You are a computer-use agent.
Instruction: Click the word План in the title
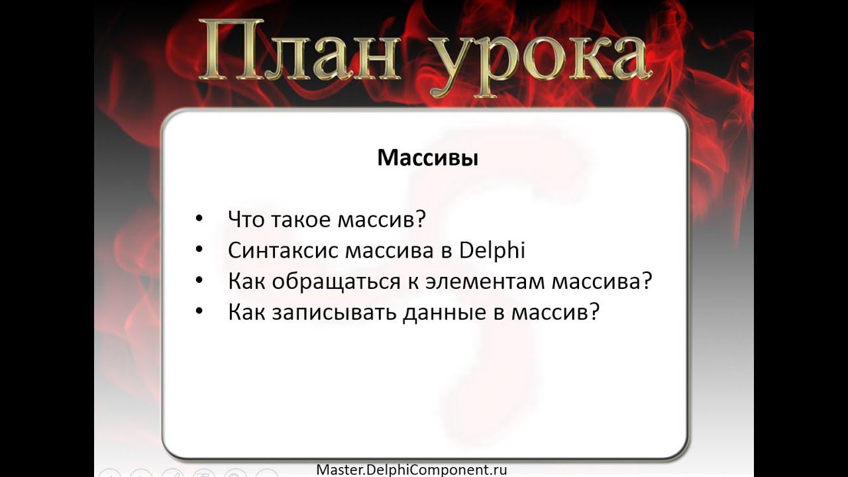point(299,50)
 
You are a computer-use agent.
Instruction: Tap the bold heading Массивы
point(428,158)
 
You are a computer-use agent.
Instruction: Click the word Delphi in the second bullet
point(492,250)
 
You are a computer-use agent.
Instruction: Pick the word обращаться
point(336,282)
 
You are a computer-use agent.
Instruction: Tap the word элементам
point(485,282)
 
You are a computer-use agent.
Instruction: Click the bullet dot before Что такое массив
point(199,219)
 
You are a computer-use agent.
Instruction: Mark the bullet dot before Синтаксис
point(199,250)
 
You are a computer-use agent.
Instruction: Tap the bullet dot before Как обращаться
point(199,280)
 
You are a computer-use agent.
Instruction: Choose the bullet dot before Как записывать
point(199,311)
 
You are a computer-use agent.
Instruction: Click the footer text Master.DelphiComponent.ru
point(411,470)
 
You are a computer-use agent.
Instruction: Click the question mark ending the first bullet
point(420,219)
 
